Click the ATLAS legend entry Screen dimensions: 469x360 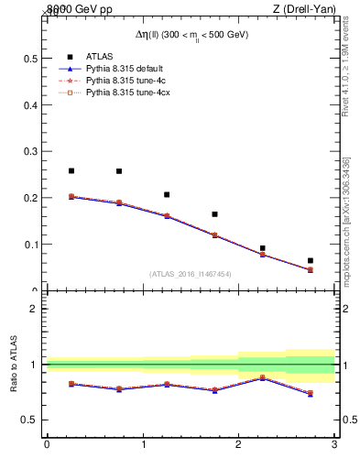click(99, 56)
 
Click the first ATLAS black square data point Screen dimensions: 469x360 click(71, 170)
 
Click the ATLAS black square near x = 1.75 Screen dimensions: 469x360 click(215, 214)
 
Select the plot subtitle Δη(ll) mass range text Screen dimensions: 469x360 click(191, 34)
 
